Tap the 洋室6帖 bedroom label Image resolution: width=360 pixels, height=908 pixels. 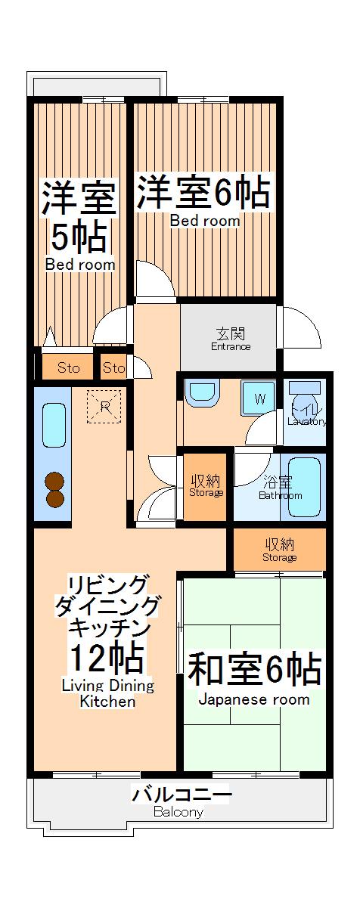point(203,193)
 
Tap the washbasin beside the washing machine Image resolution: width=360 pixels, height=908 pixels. point(201,393)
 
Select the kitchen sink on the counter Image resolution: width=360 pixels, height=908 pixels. point(53,425)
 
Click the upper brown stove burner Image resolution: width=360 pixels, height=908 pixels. point(54,482)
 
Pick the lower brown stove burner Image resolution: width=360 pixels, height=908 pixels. point(54,498)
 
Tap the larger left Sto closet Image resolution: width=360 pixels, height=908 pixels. point(68,368)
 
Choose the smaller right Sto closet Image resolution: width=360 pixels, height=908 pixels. point(113,368)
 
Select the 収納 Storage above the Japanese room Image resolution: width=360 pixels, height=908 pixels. point(279,550)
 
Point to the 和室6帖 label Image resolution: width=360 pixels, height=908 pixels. point(254,668)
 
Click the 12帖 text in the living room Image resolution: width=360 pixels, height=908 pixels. point(106,657)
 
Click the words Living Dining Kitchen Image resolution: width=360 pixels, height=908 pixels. point(107,693)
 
